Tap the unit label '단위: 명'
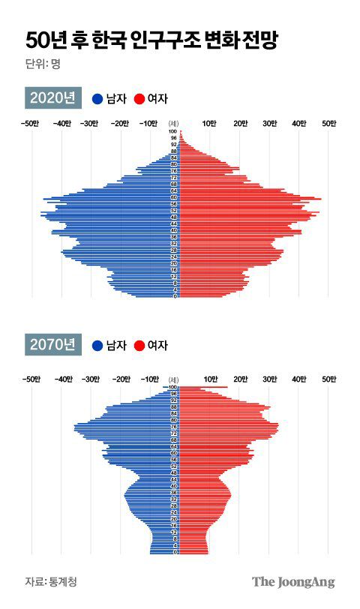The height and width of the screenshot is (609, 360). pos(42,64)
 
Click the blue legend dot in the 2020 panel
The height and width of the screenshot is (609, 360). pos(97,98)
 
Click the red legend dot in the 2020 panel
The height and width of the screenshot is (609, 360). pos(139,98)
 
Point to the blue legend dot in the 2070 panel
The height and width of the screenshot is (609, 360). pos(97,345)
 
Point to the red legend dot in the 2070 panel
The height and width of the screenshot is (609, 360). pos(139,345)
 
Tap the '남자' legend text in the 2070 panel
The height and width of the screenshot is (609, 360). pos(115,345)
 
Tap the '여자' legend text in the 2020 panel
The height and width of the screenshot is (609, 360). pos(157,98)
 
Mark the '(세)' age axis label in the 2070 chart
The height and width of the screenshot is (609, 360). pos(174,379)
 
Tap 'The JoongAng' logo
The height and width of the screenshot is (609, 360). pos(292,582)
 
